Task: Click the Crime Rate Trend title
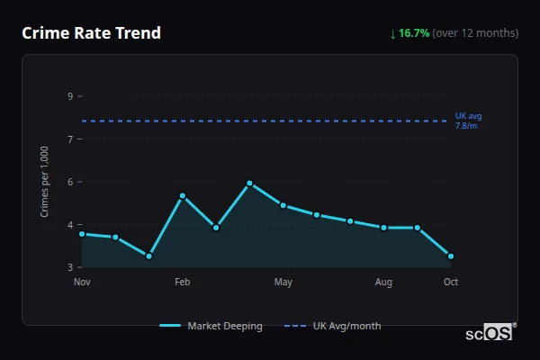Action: click(92, 33)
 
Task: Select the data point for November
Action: click(82, 234)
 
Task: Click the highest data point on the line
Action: click(249, 184)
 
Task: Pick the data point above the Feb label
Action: click(183, 196)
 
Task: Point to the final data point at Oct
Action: click(451, 256)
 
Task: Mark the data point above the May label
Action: click(283, 205)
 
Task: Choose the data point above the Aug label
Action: click(383, 228)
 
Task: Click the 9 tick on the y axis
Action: click(69, 96)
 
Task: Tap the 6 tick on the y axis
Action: click(69, 182)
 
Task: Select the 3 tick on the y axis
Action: click(69, 267)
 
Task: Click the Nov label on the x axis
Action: click(82, 283)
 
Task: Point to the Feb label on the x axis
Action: click(183, 283)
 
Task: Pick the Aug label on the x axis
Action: click(383, 283)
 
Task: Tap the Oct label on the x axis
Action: click(451, 283)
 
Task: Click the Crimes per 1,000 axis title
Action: click(45, 182)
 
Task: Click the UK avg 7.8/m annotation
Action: click(469, 121)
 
